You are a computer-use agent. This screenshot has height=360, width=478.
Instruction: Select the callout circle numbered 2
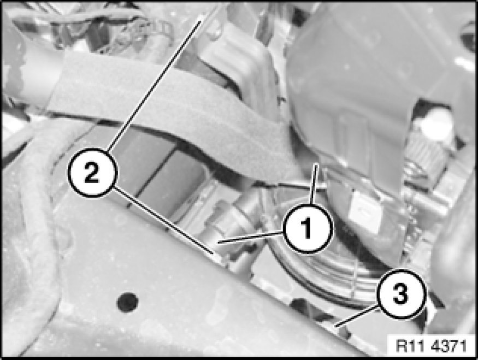click(92, 173)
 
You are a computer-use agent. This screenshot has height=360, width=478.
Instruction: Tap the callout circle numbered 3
click(400, 294)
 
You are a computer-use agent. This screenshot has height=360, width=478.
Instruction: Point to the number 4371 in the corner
click(449, 346)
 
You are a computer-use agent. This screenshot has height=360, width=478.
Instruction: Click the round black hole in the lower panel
click(128, 302)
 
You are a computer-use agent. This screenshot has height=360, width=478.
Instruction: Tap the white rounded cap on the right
click(436, 123)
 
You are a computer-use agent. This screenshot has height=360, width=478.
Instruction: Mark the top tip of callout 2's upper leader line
click(200, 21)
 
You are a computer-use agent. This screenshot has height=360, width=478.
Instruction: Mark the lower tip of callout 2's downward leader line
click(213, 253)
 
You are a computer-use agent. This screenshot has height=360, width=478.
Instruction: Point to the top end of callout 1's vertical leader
click(316, 164)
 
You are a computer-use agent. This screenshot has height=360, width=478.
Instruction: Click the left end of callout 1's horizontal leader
click(219, 243)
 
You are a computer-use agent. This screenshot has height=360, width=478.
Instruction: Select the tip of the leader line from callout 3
click(335, 327)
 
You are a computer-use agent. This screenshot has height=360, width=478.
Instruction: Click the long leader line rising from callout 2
click(154, 85)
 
